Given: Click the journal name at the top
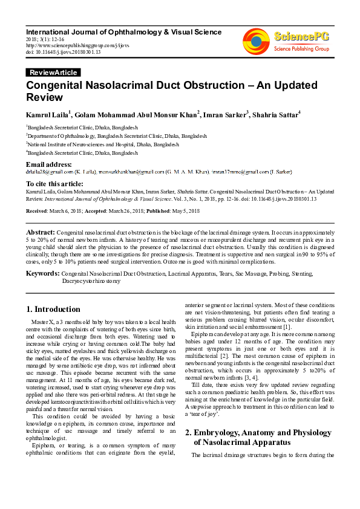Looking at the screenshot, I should click(x=123, y=32).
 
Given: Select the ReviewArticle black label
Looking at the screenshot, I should click(x=53, y=73).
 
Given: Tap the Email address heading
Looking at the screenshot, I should click(x=49, y=164).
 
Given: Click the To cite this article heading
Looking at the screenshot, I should click(x=54, y=184).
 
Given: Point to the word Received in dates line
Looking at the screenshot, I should click(x=37, y=210).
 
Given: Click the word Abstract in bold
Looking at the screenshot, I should click(x=40, y=232).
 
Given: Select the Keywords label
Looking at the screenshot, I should click(x=42, y=274).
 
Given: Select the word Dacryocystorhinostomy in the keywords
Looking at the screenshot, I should click(x=91, y=281).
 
